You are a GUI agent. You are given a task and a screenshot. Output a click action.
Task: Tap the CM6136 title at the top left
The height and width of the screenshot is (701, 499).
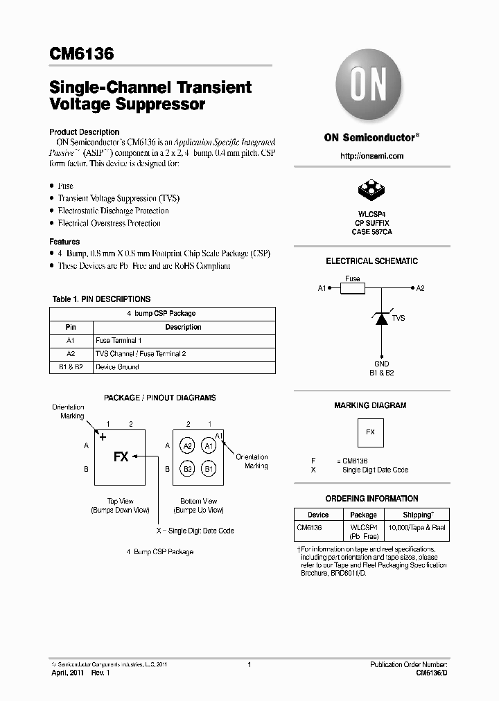click(x=82, y=54)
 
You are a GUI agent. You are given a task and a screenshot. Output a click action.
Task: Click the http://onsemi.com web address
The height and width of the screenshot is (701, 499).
click(x=371, y=156)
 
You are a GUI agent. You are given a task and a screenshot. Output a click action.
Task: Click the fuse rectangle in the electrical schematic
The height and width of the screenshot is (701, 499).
click(x=352, y=288)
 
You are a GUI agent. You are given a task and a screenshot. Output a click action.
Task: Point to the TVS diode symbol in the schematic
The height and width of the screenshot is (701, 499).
click(x=381, y=319)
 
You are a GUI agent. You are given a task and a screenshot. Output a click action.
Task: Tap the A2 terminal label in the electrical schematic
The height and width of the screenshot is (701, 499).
click(x=421, y=288)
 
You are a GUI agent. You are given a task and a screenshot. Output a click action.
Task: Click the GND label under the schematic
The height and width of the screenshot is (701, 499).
click(x=381, y=364)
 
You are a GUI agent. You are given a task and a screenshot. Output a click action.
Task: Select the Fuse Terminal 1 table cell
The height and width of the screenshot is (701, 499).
click(x=119, y=341)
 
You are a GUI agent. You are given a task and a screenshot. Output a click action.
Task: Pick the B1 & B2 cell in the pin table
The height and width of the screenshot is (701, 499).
click(x=71, y=367)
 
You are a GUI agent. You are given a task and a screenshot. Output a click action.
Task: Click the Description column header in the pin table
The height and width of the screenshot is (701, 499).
click(x=183, y=327)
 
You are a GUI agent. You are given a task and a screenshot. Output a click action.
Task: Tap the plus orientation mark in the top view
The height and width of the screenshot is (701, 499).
click(x=103, y=437)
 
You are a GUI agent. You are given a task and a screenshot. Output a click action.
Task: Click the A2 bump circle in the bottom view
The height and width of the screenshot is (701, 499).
click(x=187, y=447)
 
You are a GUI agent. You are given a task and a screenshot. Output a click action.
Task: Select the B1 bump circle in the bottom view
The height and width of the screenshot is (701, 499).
click(x=209, y=469)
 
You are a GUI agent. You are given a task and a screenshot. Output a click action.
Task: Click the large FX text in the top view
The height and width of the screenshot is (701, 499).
click(x=121, y=457)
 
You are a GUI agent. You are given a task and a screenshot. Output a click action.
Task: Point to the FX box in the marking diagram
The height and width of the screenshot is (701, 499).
click(x=370, y=432)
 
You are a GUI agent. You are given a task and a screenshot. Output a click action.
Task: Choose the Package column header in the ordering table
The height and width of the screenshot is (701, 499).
click(x=363, y=515)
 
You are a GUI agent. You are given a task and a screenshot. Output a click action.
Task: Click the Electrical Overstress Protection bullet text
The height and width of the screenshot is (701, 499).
click(x=109, y=223)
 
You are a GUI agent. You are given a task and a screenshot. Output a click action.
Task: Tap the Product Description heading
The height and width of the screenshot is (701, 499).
click(x=84, y=132)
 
